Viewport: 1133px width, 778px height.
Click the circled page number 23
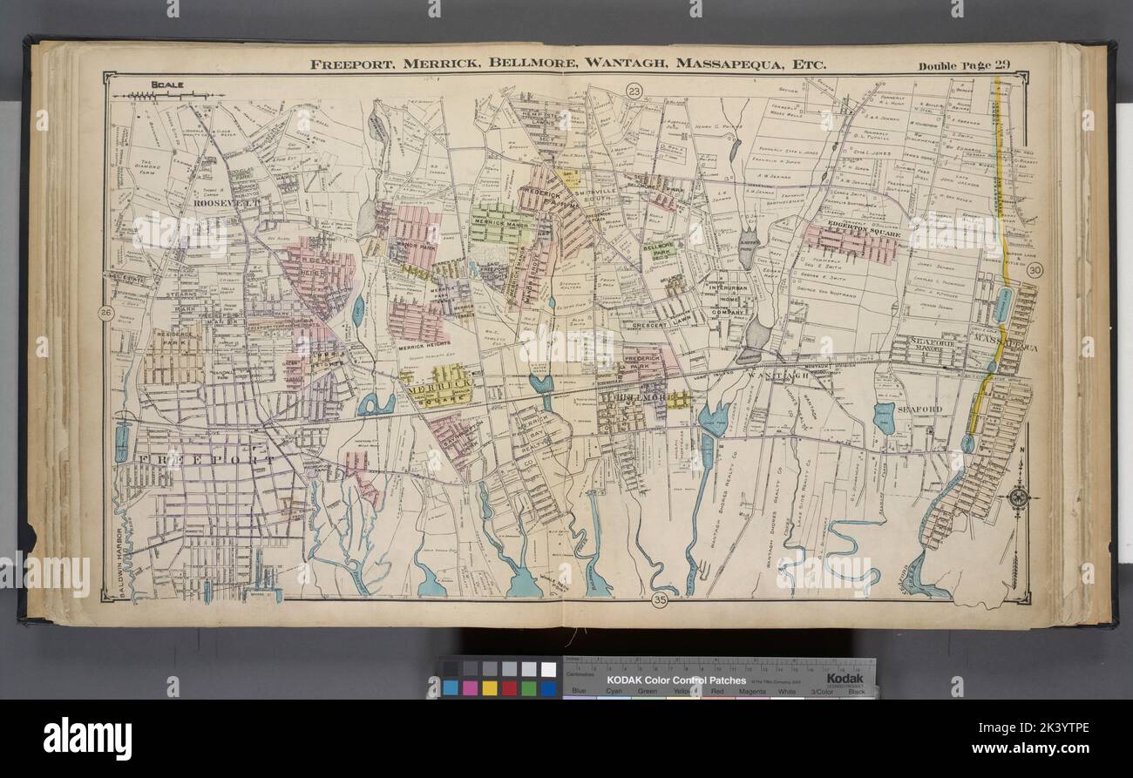tap(634, 90)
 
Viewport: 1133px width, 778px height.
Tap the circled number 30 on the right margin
tap(1035, 270)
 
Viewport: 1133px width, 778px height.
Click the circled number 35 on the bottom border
tap(659, 599)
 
